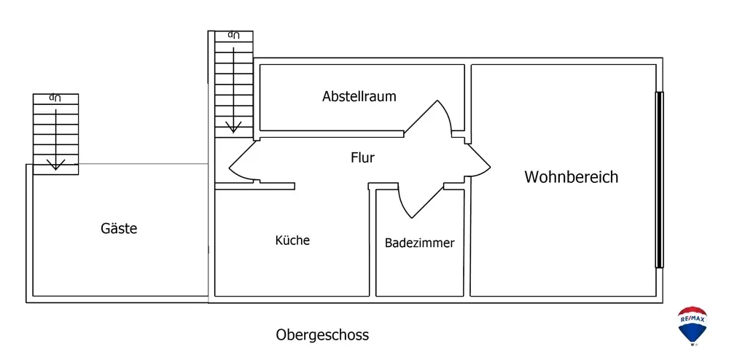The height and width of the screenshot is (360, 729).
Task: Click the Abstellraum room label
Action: [359, 96]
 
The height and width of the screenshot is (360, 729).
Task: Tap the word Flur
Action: [362, 157]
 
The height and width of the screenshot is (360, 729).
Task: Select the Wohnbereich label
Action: [571, 176]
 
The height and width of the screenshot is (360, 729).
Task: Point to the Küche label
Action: [292, 240]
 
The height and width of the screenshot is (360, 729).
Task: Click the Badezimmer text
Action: [419, 243]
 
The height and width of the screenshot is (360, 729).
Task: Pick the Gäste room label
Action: [119, 228]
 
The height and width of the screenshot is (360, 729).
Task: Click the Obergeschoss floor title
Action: [322, 335]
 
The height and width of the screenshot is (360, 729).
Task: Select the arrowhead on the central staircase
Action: [233, 127]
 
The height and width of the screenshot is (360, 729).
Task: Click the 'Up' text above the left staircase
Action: [55, 97]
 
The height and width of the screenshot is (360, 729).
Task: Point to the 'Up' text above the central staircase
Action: [233, 34]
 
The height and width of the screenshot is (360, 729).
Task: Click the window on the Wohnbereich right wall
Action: [659, 179]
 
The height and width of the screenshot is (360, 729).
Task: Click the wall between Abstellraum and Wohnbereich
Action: [468, 98]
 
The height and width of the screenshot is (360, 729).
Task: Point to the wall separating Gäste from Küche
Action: [211, 233]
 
